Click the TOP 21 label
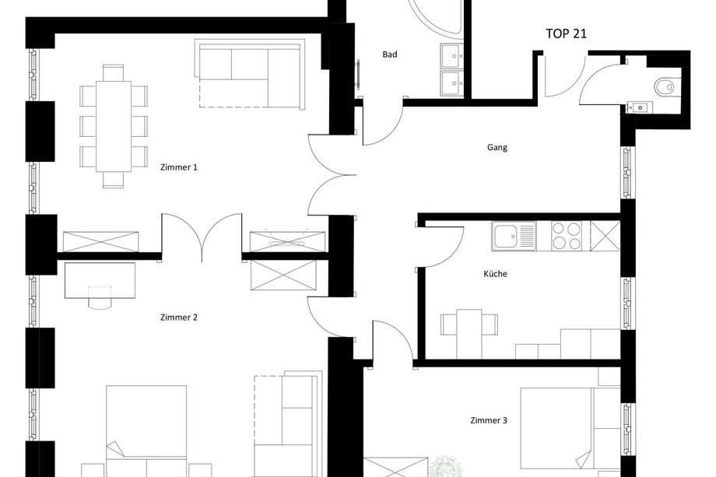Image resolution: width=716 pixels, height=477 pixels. pyautogui.click(x=567, y=33)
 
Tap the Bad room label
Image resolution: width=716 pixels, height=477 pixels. pyautogui.click(x=389, y=54)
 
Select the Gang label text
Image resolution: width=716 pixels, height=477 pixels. pyautogui.click(x=497, y=147)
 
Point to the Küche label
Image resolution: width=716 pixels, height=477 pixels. pyautogui.click(x=495, y=273)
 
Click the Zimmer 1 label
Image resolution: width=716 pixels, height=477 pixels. pyautogui.click(x=179, y=167)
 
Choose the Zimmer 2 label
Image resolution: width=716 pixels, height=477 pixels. pyautogui.click(x=179, y=317)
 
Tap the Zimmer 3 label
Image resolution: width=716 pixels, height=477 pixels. pyautogui.click(x=489, y=420)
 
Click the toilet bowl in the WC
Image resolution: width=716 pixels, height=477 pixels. pyautogui.click(x=665, y=86)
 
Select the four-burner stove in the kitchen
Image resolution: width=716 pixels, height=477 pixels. pyautogui.click(x=567, y=236)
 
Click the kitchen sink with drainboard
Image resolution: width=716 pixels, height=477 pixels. pyautogui.click(x=514, y=236)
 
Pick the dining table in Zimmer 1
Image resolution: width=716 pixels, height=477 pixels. pyautogui.click(x=114, y=126)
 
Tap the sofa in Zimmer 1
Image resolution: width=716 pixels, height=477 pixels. pyautogui.click(x=250, y=75)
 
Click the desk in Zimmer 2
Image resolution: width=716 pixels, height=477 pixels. pyautogui.click(x=100, y=280)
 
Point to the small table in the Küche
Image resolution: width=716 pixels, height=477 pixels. pyautogui.click(x=469, y=334)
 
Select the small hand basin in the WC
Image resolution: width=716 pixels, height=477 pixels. pyautogui.click(x=640, y=107)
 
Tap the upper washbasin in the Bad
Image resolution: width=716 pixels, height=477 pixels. pyautogui.click(x=452, y=56)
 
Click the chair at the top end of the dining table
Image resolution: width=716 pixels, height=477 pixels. pyautogui.click(x=114, y=73)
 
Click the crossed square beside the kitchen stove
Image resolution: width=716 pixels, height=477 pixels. pyautogui.click(x=605, y=236)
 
